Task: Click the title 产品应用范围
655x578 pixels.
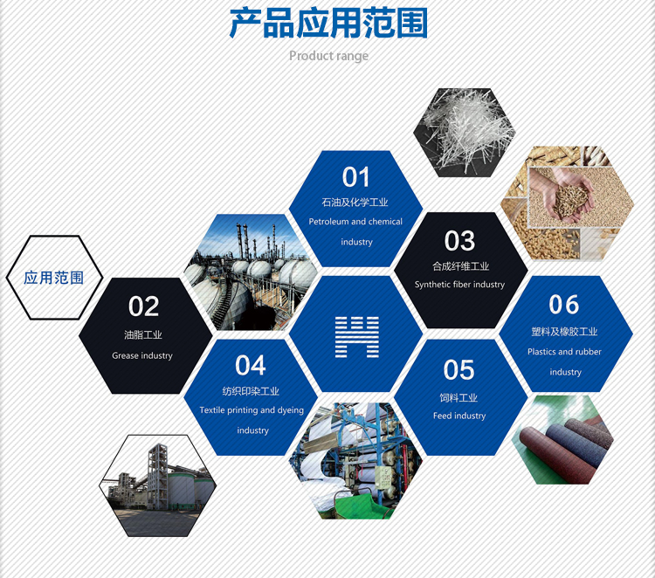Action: coord(328,24)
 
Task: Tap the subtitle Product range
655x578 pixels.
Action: coord(328,56)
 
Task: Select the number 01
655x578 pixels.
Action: coord(355,177)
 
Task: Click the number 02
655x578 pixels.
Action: coord(144,306)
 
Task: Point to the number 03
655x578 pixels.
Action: coord(459,240)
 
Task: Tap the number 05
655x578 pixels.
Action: coord(458,370)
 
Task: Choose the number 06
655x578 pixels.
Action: coord(564,305)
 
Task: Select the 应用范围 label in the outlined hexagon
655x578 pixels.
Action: coord(54,279)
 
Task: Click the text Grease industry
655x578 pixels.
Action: coord(142,355)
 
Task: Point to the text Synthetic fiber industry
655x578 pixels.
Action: coord(459,285)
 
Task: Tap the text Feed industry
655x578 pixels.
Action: coord(459,416)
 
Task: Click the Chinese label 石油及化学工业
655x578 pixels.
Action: coord(355,203)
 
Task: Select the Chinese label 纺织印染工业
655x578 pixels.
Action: coord(252,391)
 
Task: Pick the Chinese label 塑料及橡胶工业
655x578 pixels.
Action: coord(564,332)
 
